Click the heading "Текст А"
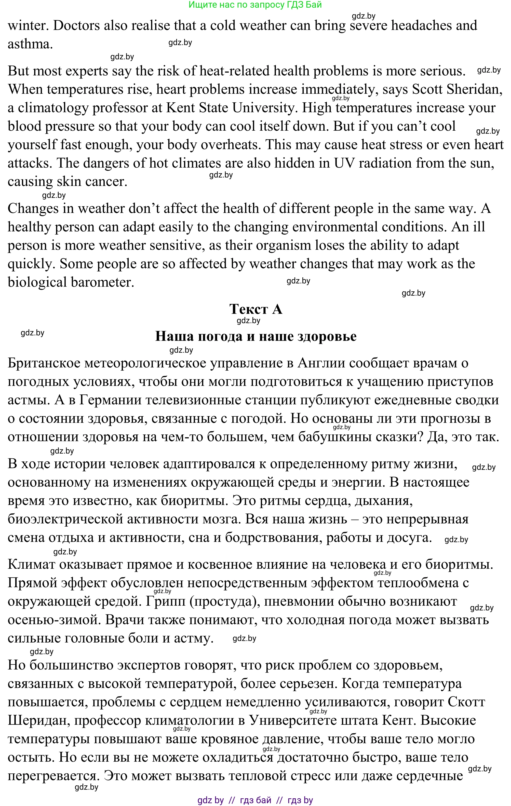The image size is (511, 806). point(255,309)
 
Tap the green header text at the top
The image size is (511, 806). point(255,5)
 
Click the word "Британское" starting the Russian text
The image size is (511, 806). point(44,363)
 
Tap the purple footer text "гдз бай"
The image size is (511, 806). point(255,800)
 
